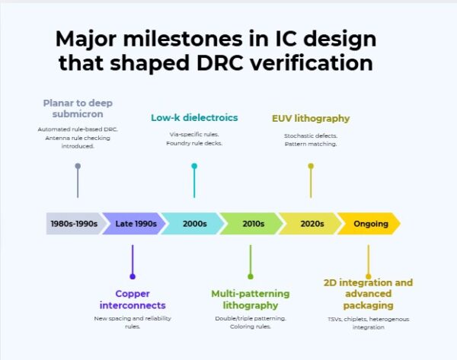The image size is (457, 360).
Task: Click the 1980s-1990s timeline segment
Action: coord(73,224)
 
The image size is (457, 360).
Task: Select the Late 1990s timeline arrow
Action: coord(135,224)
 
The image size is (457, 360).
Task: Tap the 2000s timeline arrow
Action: coord(193,224)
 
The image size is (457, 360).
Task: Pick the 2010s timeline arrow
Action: coord(252,224)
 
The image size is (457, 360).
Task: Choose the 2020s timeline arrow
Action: coord(311,224)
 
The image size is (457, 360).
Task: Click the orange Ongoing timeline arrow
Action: coord(370,224)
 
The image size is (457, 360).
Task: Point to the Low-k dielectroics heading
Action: coord(194,118)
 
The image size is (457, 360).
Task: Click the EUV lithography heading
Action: coord(311,118)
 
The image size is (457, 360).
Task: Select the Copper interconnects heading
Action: coord(133,298)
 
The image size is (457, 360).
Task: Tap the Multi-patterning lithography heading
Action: coord(250,298)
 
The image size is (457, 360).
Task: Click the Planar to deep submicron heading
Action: coord(78,107)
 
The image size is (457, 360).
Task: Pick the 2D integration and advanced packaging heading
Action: coord(368,293)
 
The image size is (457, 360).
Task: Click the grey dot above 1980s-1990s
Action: coord(78,166)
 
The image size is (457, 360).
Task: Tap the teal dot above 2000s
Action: coord(194,166)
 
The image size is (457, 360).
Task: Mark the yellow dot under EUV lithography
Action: coord(311,166)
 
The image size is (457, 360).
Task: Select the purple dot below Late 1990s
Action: coord(133,276)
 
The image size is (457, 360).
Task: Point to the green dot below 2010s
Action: coord(250,276)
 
